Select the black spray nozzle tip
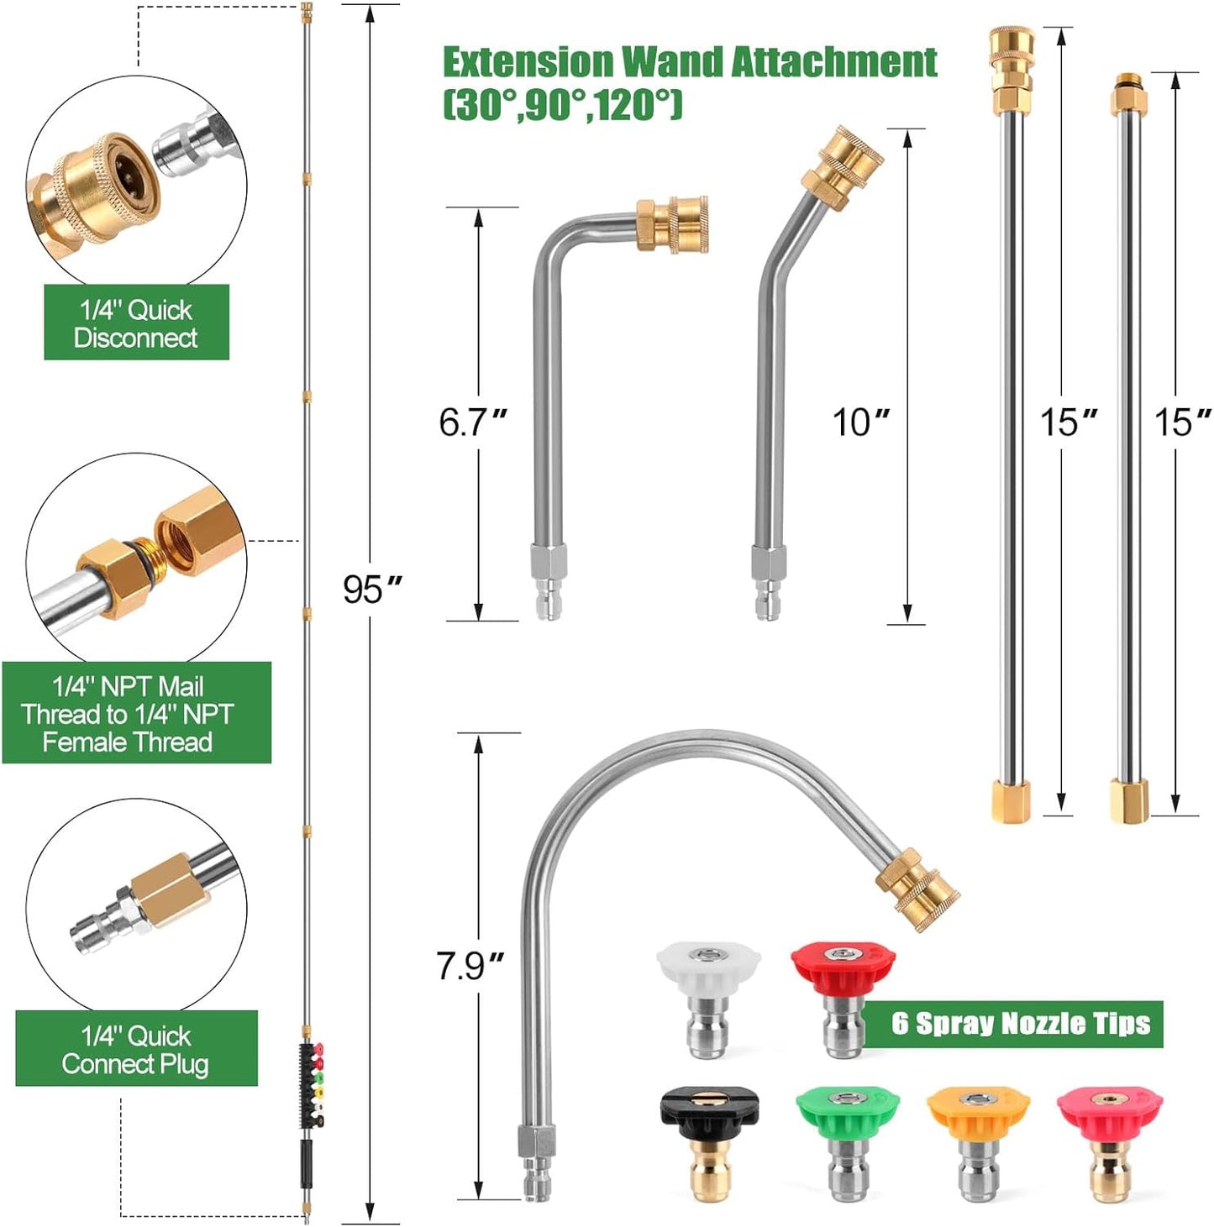(x=709, y=1138)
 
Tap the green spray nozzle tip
(x=847, y=1138)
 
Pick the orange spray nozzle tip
(x=977, y=1138)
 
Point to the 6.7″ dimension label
(x=473, y=422)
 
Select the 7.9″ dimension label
(x=470, y=966)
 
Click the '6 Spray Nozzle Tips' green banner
(x=1019, y=1024)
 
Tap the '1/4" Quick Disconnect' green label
(x=136, y=323)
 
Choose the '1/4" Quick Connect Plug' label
(x=136, y=1049)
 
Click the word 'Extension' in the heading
(x=528, y=63)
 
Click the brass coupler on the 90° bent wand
(x=671, y=224)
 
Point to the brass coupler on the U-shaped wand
(x=917, y=889)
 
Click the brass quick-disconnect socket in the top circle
(x=88, y=189)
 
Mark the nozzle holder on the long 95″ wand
(x=311, y=1083)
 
